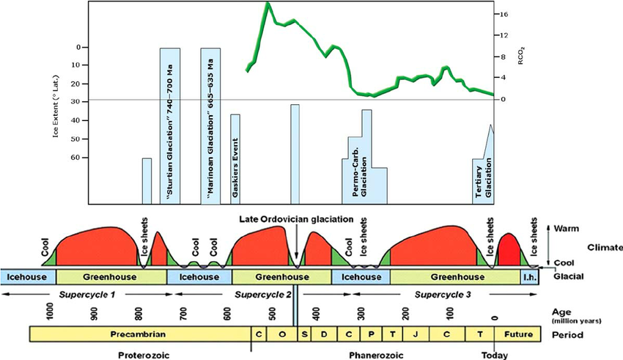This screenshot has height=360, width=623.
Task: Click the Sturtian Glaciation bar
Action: [170, 125]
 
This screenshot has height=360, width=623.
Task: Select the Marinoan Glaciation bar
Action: [211, 125]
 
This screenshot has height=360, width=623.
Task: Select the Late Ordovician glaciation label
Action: [296, 218]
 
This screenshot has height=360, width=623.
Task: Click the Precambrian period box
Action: [139, 334]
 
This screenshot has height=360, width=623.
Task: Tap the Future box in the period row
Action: [519, 334]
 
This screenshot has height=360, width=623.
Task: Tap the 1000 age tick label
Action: [50, 312]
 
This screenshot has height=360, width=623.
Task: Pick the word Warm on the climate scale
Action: [567, 229]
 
